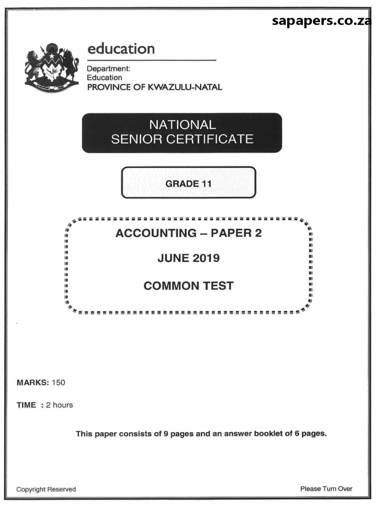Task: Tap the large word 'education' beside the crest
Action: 121,49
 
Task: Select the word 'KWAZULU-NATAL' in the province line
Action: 189,87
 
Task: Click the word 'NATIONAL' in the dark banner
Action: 182,125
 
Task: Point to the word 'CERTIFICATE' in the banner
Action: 212,139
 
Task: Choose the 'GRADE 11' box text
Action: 188,183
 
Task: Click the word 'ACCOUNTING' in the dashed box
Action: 156,233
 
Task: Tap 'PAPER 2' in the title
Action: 236,233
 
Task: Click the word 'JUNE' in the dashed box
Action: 172,258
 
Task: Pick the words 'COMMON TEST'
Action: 188,286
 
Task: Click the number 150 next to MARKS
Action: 58,382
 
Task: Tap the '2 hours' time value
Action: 59,405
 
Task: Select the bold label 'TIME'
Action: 26,405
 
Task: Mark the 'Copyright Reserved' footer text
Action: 46,489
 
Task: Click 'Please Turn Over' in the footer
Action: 326,489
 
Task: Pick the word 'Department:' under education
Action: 108,68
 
